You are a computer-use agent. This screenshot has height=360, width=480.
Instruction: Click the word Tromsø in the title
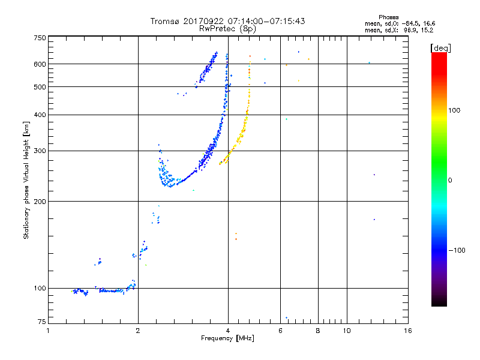point(164,21)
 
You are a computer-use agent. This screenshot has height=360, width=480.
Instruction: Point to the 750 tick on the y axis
point(39,37)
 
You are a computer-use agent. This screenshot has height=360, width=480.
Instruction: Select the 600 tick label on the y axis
point(39,64)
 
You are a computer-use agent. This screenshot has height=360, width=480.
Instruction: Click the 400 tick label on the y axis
point(39,115)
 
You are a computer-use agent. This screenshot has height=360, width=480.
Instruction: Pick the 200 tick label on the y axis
point(39,201)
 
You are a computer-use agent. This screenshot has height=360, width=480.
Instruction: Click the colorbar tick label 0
point(454,180)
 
